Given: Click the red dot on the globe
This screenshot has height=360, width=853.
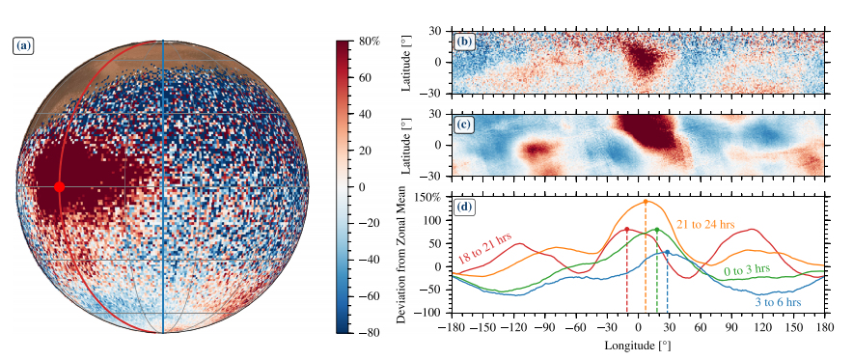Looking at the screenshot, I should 59,187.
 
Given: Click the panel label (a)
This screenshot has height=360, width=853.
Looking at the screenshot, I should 23,45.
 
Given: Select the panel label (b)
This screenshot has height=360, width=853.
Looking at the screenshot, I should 464,42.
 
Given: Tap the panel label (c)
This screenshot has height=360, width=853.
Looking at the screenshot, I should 464,125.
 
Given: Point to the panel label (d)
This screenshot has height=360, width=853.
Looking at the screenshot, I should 465,206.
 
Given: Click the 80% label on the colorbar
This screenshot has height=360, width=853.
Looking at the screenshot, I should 369,42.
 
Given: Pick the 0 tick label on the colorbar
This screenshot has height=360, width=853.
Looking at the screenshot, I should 363,187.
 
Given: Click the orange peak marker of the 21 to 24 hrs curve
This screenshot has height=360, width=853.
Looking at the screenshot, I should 646,203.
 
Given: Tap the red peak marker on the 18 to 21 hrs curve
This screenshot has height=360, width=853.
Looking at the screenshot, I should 627,230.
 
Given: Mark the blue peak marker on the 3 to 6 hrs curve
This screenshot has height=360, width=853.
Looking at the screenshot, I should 667,252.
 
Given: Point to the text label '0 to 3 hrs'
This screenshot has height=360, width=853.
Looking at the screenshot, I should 747,270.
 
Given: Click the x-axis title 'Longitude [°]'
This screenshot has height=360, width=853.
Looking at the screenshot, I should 638,345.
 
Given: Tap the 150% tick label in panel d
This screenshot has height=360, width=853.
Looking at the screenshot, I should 430,197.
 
